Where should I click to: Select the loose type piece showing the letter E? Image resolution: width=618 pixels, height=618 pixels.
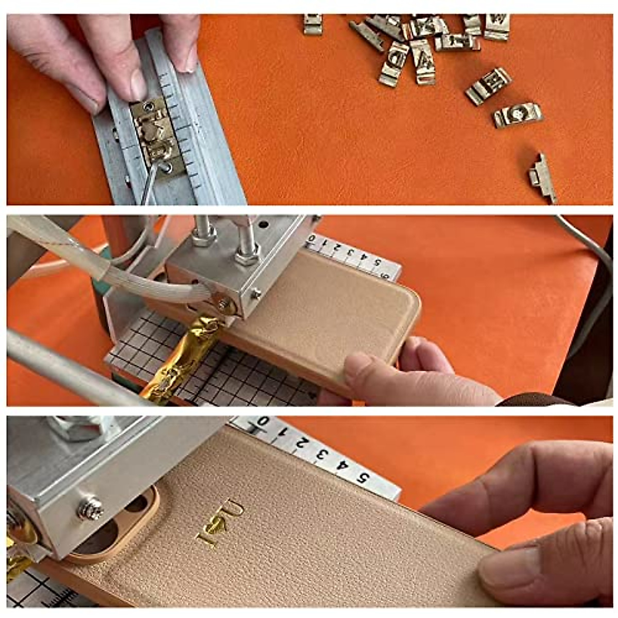coord(488,85)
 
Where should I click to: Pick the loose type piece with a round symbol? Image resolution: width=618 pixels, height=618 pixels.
coord(518,114)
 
